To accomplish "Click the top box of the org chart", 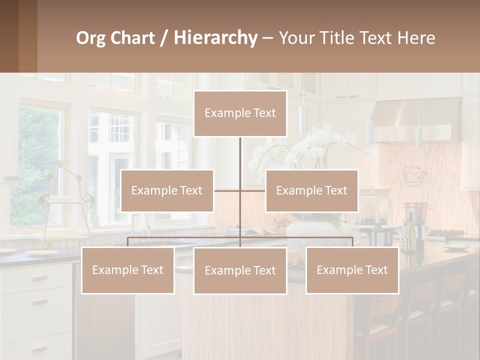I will click(x=240, y=113).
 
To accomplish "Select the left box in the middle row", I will click(x=167, y=190).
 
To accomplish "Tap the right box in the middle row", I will click(x=311, y=190).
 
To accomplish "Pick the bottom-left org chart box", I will click(x=128, y=270).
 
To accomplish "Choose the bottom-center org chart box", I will click(x=240, y=270).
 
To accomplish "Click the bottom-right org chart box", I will click(x=352, y=270).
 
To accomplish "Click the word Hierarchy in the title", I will click(x=215, y=38).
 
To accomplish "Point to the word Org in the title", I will click(x=90, y=38).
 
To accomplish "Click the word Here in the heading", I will click(x=416, y=38).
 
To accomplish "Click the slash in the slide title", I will click(x=164, y=38).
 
